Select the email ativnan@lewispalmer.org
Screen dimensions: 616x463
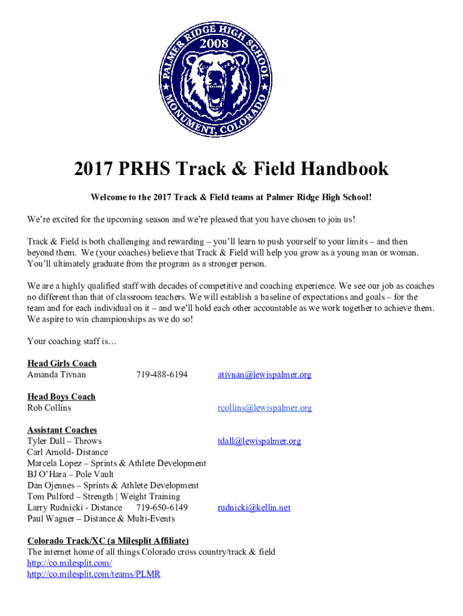tap(264, 375)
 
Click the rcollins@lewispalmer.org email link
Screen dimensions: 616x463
tap(265, 408)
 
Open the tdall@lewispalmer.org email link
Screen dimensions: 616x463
tap(259, 441)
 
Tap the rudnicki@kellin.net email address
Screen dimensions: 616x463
tap(254, 508)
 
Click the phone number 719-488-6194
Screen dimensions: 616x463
tap(162, 375)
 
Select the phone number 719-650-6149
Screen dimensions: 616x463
tap(162, 508)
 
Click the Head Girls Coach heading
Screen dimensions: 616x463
tap(62, 363)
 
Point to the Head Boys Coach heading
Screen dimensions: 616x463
tap(61, 396)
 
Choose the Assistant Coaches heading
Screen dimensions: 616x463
tap(62, 430)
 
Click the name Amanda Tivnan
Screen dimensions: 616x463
tap(57, 375)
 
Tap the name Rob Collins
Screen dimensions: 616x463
tap(49, 408)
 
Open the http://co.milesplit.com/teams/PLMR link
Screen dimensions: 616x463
tap(94, 574)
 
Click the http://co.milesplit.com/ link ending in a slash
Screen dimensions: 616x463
tap(70, 563)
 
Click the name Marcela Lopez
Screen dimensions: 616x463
tap(53, 463)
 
